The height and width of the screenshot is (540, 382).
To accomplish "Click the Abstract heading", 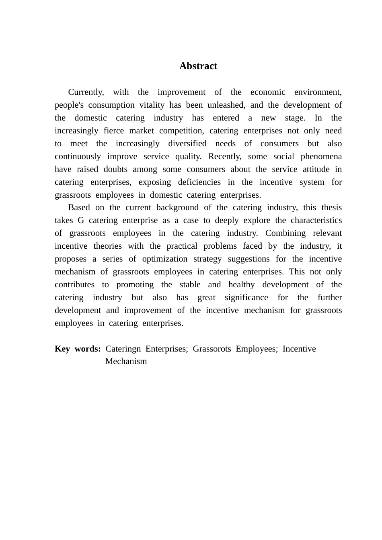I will tap(198, 66).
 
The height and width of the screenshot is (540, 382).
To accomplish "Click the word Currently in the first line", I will tap(86, 92).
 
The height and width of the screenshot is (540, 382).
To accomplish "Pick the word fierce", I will tap(114, 131).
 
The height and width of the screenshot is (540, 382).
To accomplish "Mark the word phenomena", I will tap(321, 157).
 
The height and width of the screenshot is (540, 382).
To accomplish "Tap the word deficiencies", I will tap(199, 182).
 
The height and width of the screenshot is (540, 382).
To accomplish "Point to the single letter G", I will tap(80, 221).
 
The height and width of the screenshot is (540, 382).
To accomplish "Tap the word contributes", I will tap(74, 285).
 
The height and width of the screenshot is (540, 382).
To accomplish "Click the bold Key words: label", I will tap(78, 349).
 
